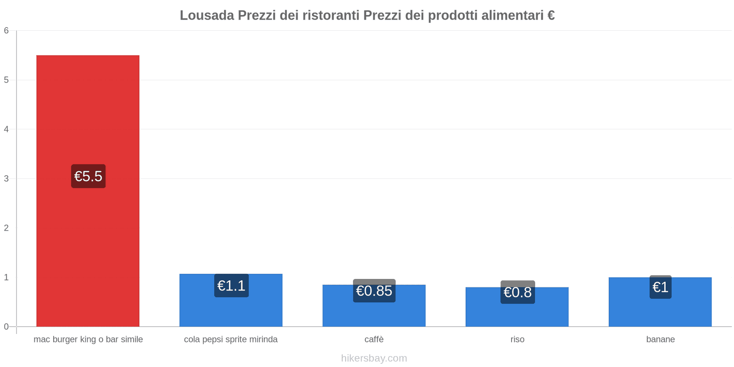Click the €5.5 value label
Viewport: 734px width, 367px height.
tap(88, 176)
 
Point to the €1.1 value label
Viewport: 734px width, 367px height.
tap(231, 286)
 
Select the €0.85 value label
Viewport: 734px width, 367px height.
tap(374, 291)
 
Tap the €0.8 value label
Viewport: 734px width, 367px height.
tap(517, 292)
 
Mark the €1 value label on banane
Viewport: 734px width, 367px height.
tap(660, 287)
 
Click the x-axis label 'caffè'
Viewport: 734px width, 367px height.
tap(374, 339)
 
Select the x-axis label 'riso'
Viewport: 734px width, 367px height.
tap(517, 339)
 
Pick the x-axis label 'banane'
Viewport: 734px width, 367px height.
tap(660, 339)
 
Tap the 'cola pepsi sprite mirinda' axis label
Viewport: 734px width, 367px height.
tap(231, 339)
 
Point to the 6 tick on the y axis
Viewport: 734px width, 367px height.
tap(6, 31)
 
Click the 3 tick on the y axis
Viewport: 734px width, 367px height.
tap(6, 178)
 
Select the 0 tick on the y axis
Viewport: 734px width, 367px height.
tap(6, 327)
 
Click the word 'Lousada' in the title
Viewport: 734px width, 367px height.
tap(206, 16)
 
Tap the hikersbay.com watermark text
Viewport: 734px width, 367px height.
tap(374, 358)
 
